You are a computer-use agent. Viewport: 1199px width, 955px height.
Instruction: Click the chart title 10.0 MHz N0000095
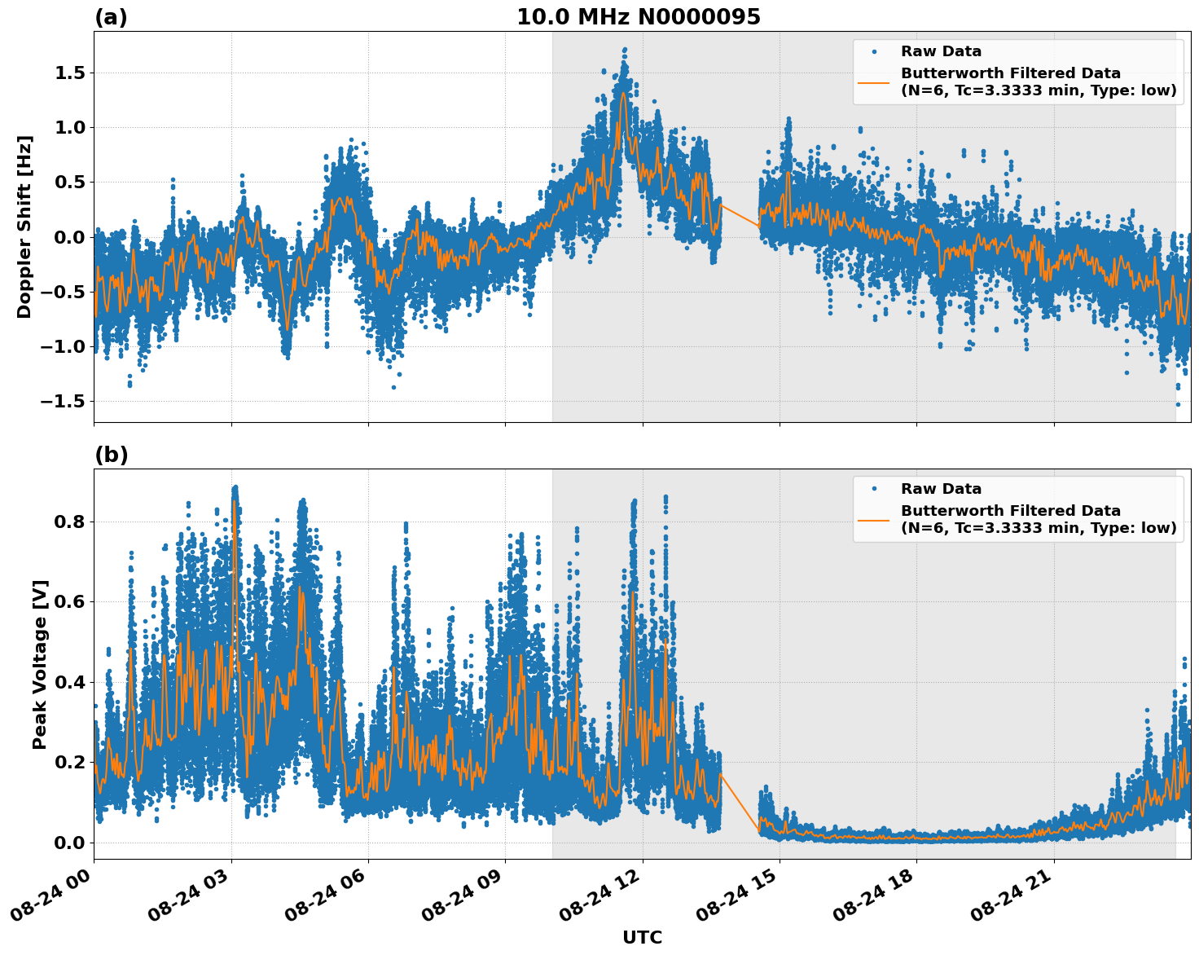638,17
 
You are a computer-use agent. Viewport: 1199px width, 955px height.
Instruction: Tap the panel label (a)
111,17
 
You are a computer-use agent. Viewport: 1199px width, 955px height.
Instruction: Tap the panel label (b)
111,455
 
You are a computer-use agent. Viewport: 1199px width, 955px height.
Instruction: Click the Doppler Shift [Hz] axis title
24,227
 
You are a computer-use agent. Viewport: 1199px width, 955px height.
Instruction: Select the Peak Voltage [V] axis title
40,664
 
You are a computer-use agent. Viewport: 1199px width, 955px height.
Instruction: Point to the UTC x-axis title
642,937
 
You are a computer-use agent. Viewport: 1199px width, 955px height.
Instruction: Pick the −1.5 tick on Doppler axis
66,401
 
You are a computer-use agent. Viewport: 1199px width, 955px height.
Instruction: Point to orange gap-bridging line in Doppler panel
740,215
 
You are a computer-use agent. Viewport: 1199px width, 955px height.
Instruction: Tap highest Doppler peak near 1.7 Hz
625,50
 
